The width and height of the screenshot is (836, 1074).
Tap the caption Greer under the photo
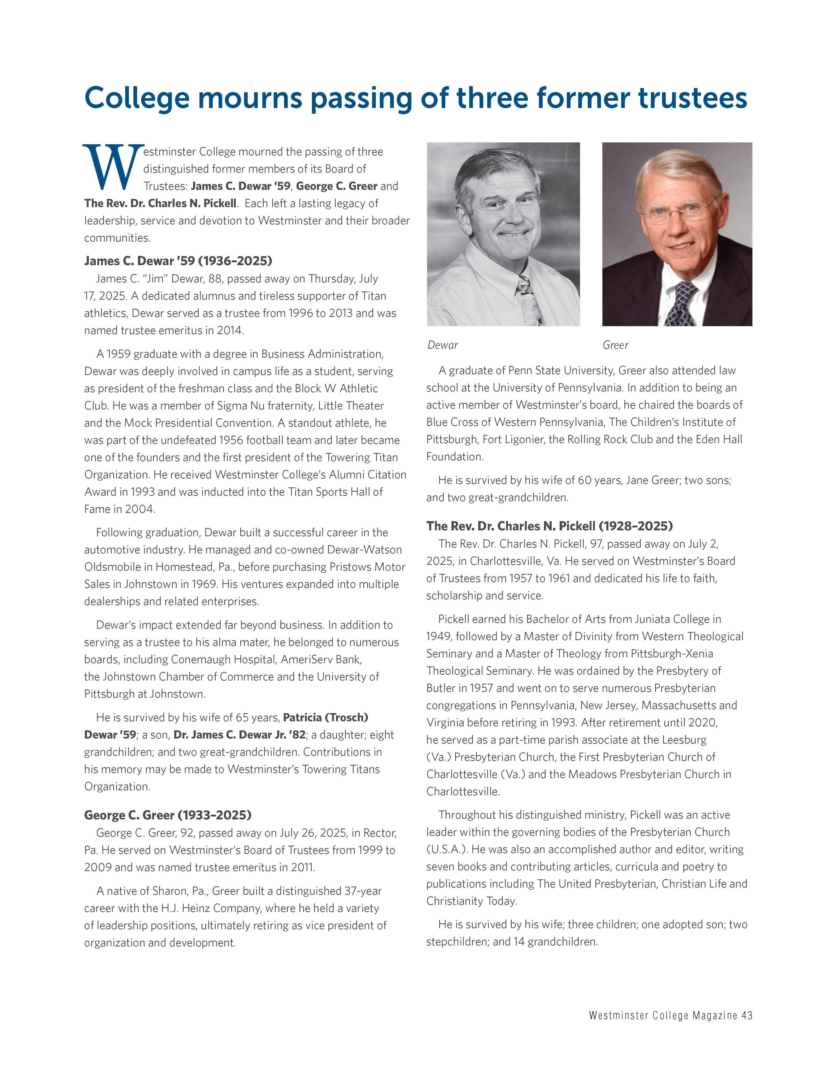click(x=615, y=345)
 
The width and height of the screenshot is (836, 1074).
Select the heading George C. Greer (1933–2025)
click(x=168, y=815)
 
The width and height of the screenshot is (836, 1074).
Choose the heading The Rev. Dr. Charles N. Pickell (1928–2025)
click(x=549, y=526)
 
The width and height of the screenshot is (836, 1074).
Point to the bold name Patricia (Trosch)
click(x=325, y=718)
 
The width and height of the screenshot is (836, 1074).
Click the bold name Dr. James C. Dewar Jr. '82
click(x=240, y=735)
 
